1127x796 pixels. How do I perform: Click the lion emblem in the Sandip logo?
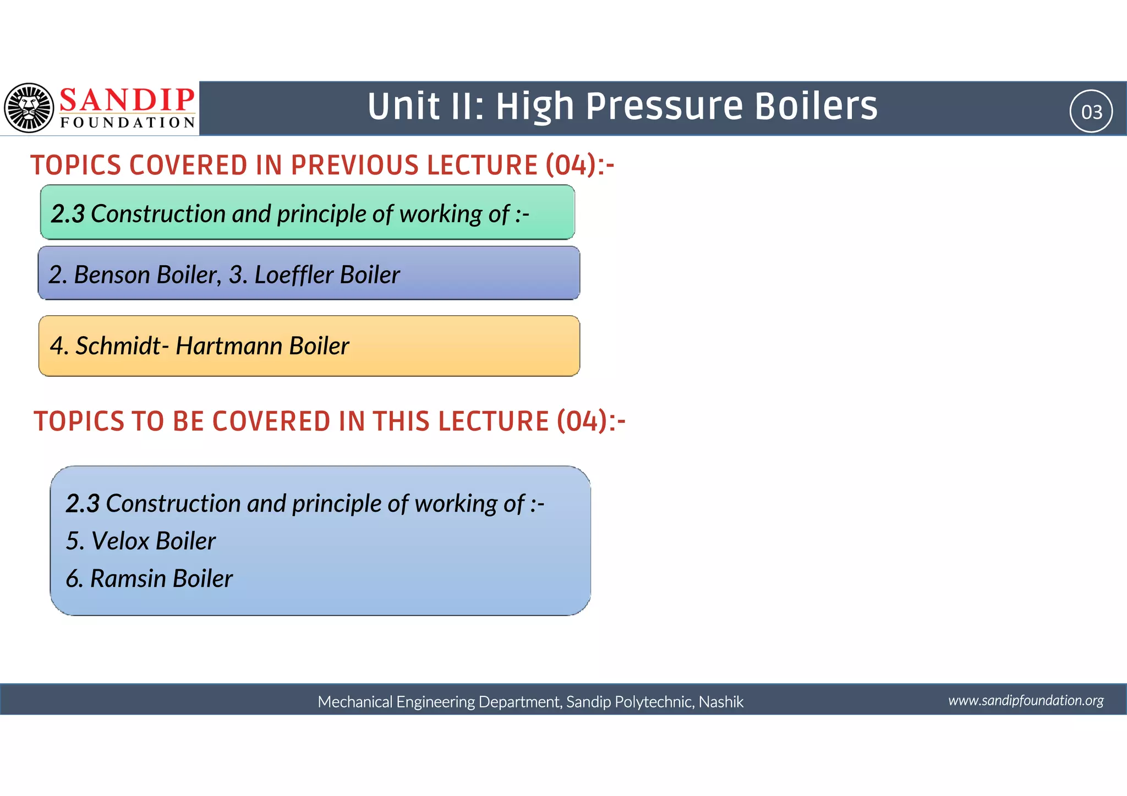pos(29,108)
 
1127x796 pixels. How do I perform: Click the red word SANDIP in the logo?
pos(127,100)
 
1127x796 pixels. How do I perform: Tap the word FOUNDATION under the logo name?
pos(128,123)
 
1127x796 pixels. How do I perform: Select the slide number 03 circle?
pos(1091,112)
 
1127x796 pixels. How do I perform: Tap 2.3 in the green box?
pos(68,213)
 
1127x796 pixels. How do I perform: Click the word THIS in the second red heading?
pos(402,421)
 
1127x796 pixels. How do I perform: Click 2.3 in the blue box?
pos(83,503)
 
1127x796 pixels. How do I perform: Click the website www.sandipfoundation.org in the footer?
pos(1026,700)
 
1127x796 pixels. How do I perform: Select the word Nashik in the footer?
pos(721,702)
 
